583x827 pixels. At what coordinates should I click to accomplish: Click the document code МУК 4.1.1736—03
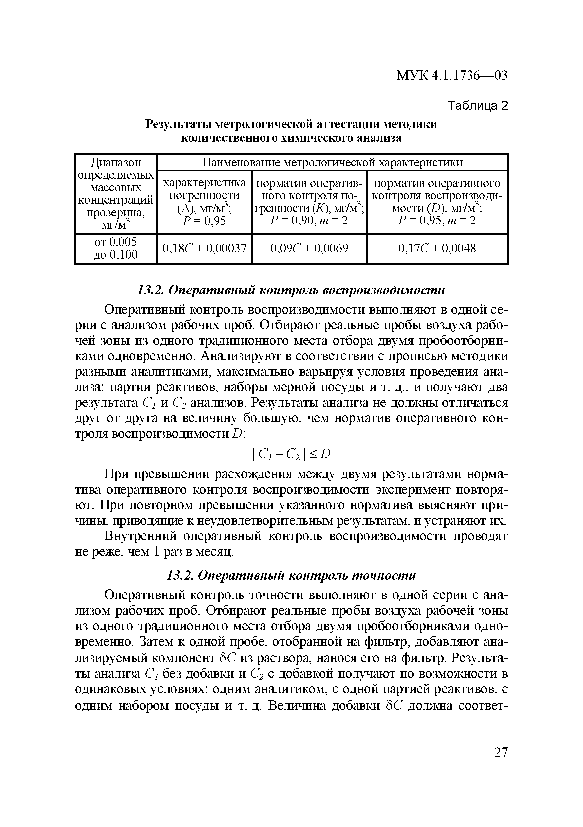[x=452, y=75]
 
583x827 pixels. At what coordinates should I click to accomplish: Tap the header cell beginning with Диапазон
[x=116, y=193]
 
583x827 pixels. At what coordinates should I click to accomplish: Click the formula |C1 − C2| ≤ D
[x=291, y=454]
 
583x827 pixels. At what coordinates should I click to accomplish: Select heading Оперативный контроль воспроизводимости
[x=291, y=290]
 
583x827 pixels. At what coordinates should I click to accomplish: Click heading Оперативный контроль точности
[x=291, y=575]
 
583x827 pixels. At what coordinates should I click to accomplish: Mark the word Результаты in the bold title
[x=178, y=124]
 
